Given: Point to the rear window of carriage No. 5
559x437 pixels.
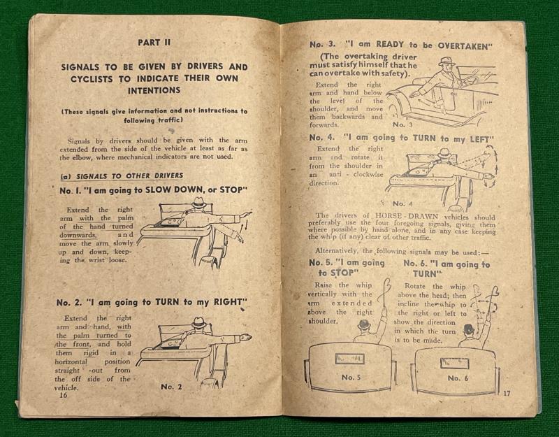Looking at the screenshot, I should [x=349, y=359].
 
